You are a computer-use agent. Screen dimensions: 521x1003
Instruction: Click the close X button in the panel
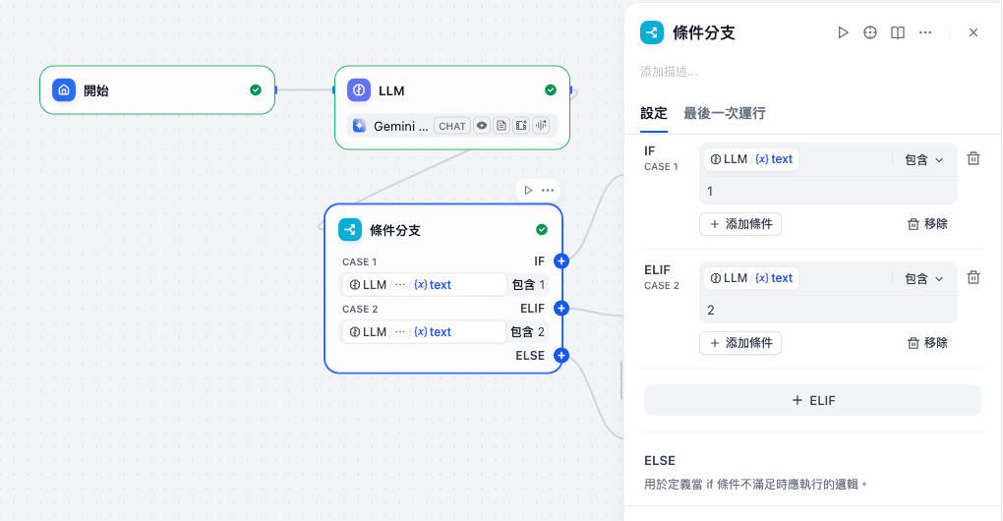click(x=973, y=32)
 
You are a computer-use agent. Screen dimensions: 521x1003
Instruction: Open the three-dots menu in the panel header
click(x=925, y=32)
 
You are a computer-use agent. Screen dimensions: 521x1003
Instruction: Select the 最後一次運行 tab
click(x=725, y=113)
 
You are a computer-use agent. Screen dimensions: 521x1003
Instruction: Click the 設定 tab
click(x=654, y=113)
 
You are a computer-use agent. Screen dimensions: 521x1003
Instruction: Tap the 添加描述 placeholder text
click(x=669, y=72)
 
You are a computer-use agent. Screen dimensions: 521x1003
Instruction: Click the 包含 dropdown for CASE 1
click(x=923, y=159)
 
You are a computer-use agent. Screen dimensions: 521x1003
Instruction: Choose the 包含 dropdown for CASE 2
click(x=923, y=278)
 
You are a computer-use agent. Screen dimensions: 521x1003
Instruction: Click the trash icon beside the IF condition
click(x=973, y=159)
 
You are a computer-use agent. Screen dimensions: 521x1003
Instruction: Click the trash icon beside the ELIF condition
click(x=973, y=277)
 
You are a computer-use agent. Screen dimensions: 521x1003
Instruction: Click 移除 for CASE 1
click(x=927, y=224)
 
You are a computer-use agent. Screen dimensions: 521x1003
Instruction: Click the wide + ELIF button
click(x=812, y=400)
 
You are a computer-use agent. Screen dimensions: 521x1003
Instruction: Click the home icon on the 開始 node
click(x=64, y=90)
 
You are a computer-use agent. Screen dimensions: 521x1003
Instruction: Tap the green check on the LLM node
click(x=551, y=90)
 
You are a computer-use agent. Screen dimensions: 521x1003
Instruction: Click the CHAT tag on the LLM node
click(x=452, y=126)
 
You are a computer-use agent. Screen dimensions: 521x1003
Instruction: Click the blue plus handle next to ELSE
click(x=561, y=356)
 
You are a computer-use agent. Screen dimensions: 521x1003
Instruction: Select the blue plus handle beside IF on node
click(x=561, y=261)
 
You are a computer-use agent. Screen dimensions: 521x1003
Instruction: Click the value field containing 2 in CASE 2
click(x=826, y=310)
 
